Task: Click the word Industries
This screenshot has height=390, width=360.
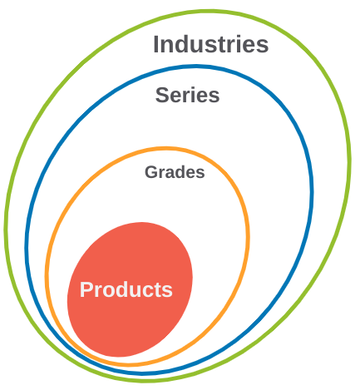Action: (x=211, y=44)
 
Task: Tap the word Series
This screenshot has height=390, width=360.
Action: (x=187, y=95)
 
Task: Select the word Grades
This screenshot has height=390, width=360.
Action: (x=175, y=172)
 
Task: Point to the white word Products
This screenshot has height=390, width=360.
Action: (x=126, y=289)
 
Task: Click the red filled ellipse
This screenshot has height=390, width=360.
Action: (x=130, y=289)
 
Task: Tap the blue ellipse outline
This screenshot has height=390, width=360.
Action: (x=311, y=191)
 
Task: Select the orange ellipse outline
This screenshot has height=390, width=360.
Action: (x=248, y=235)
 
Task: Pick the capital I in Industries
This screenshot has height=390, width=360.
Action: (x=155, y=44)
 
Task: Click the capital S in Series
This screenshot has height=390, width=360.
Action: (x=162, y=95)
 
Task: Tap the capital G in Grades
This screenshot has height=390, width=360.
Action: (x=151, y=172)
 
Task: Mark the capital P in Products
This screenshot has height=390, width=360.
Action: (x=86, y=289)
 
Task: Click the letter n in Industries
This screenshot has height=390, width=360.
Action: (x=167, y=46)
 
